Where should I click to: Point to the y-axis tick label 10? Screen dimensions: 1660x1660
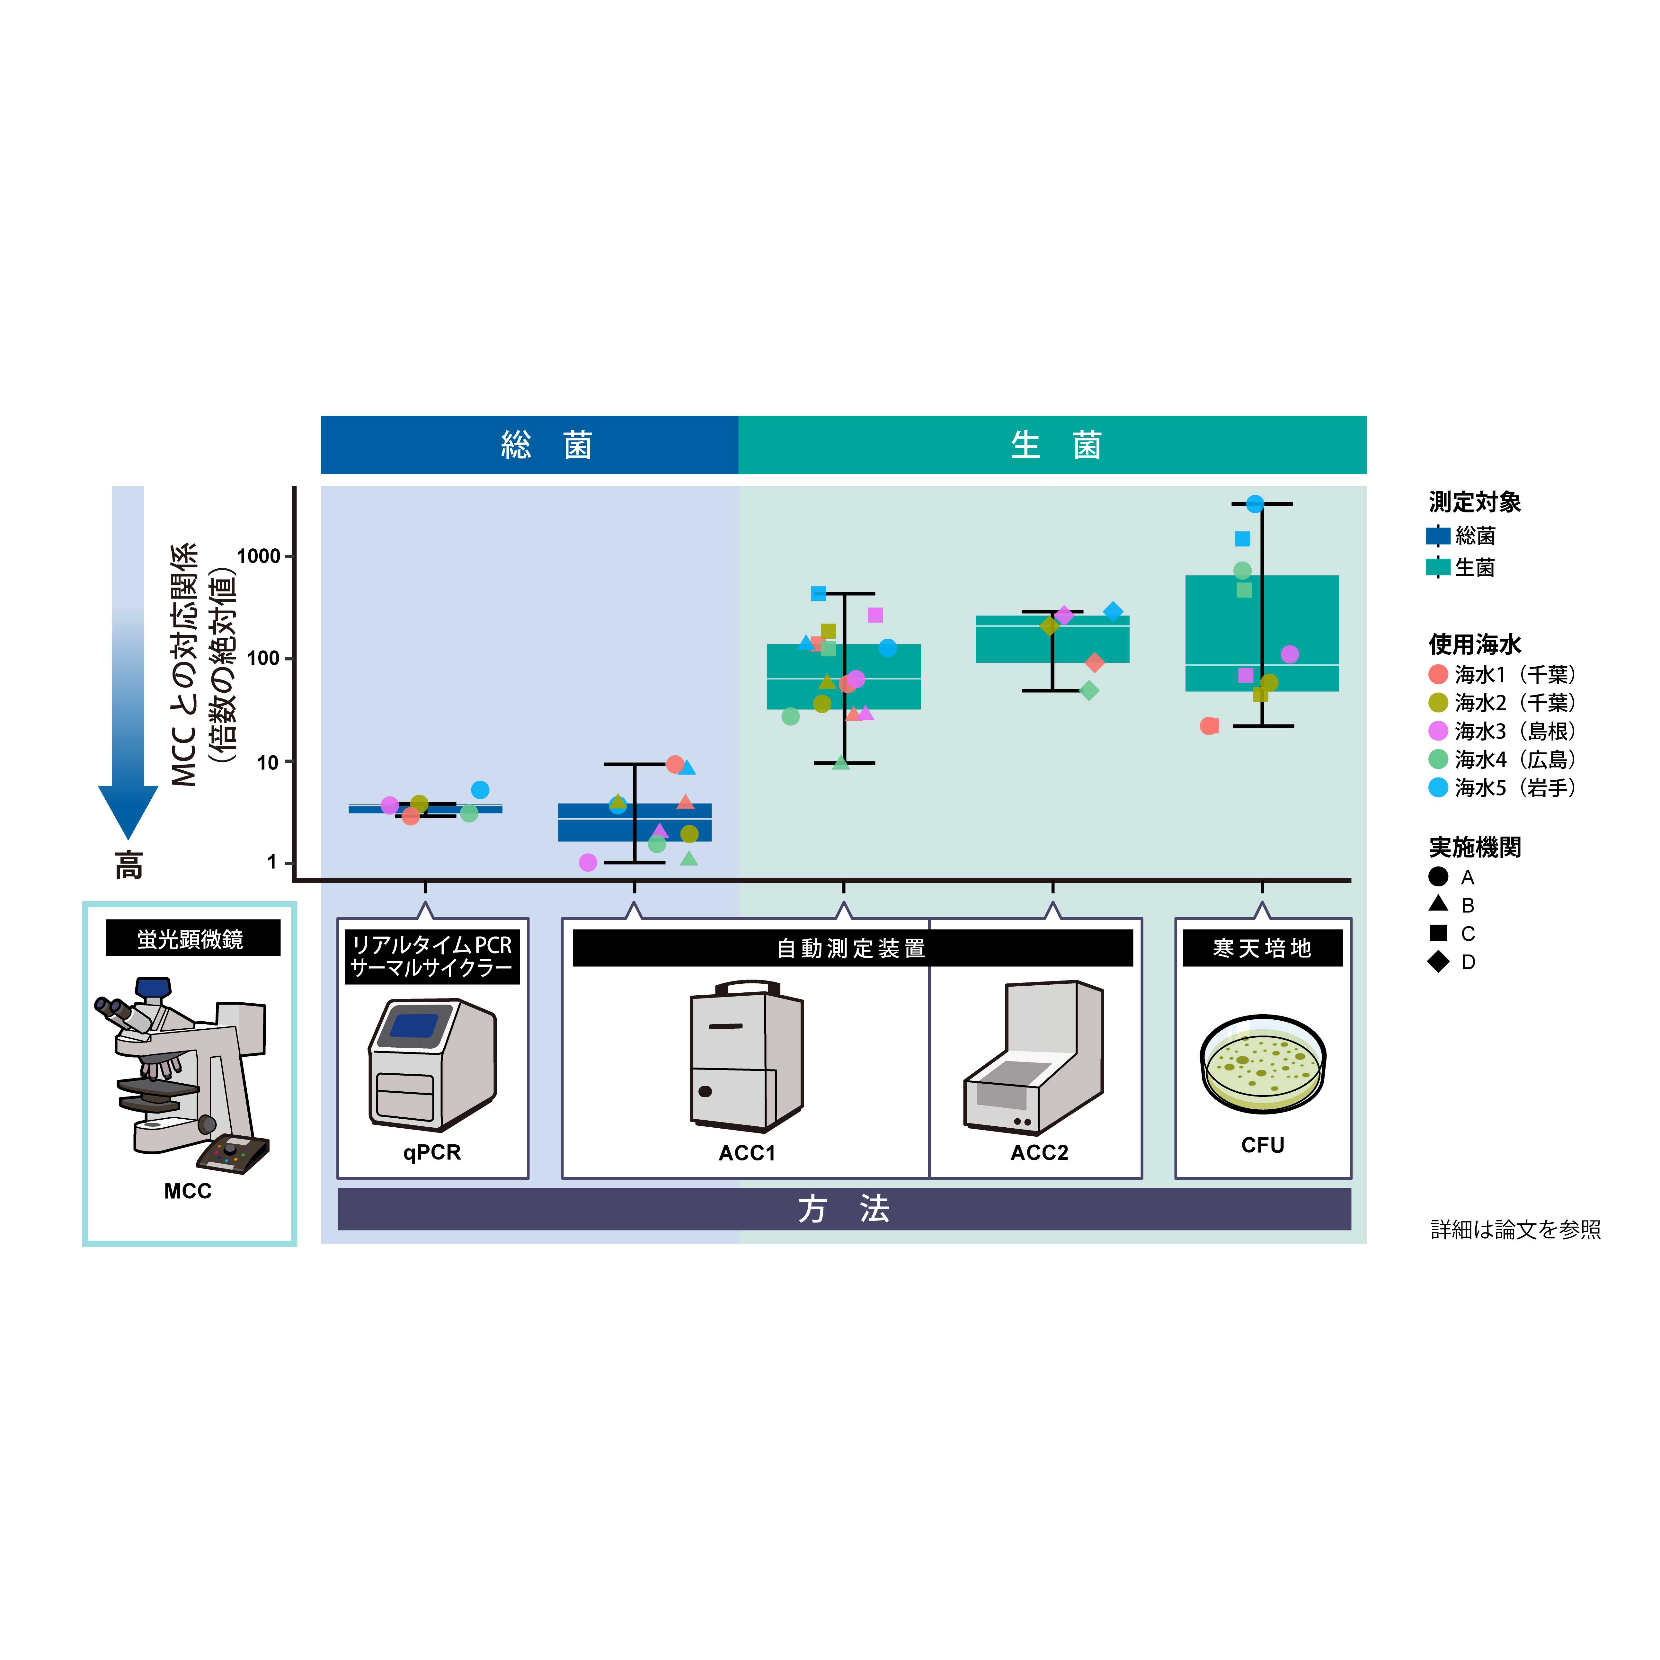point(269,762)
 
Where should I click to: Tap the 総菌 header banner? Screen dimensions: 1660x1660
point(529,445)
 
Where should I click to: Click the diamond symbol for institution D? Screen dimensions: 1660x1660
point(1438,962)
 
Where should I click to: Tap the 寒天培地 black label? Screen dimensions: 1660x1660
point(1262,948)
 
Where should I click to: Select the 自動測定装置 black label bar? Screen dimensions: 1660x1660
point(852,948)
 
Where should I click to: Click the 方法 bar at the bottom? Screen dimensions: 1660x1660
point(844,1209)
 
